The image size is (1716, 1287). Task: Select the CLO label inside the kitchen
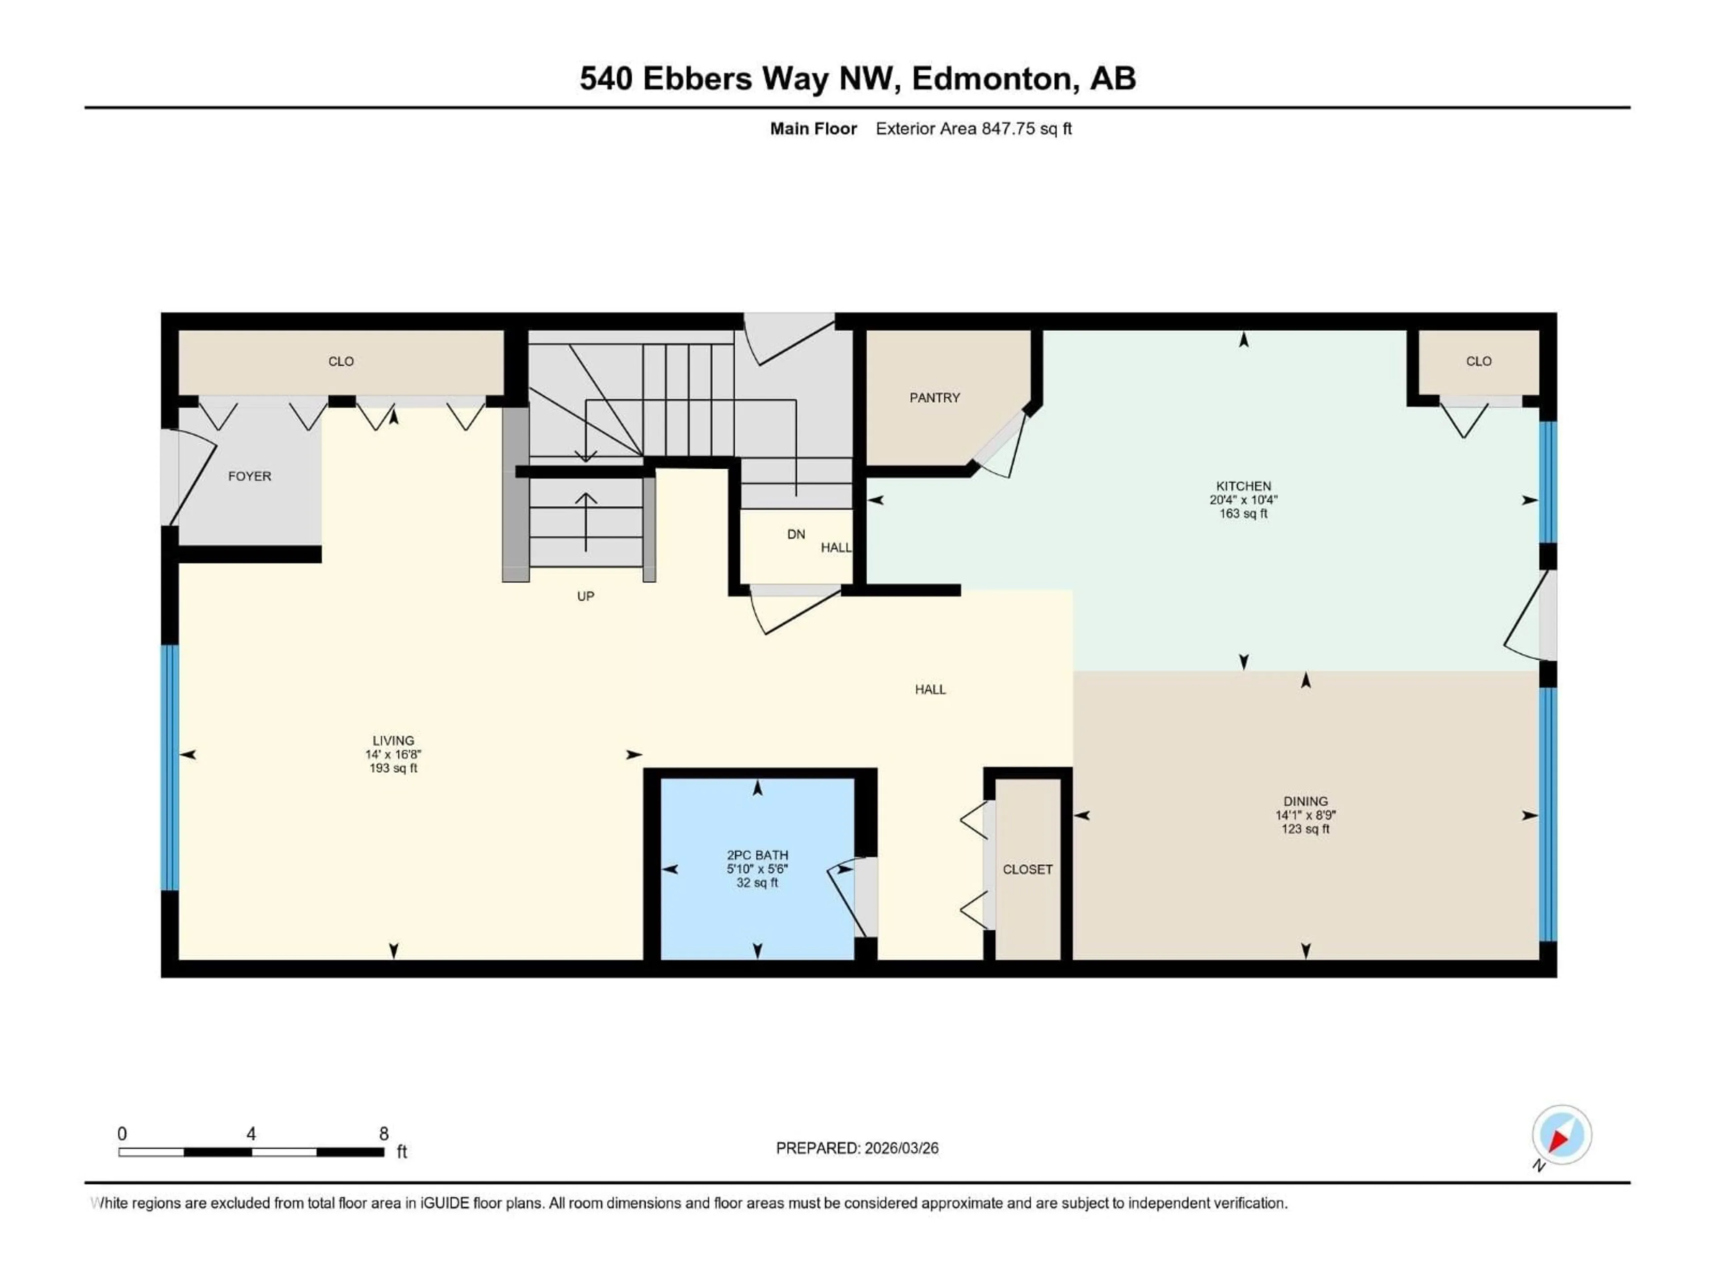click(1479, 362)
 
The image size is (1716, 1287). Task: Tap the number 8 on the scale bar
click(383, 1133)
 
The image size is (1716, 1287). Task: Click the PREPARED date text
click(857, 1148)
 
